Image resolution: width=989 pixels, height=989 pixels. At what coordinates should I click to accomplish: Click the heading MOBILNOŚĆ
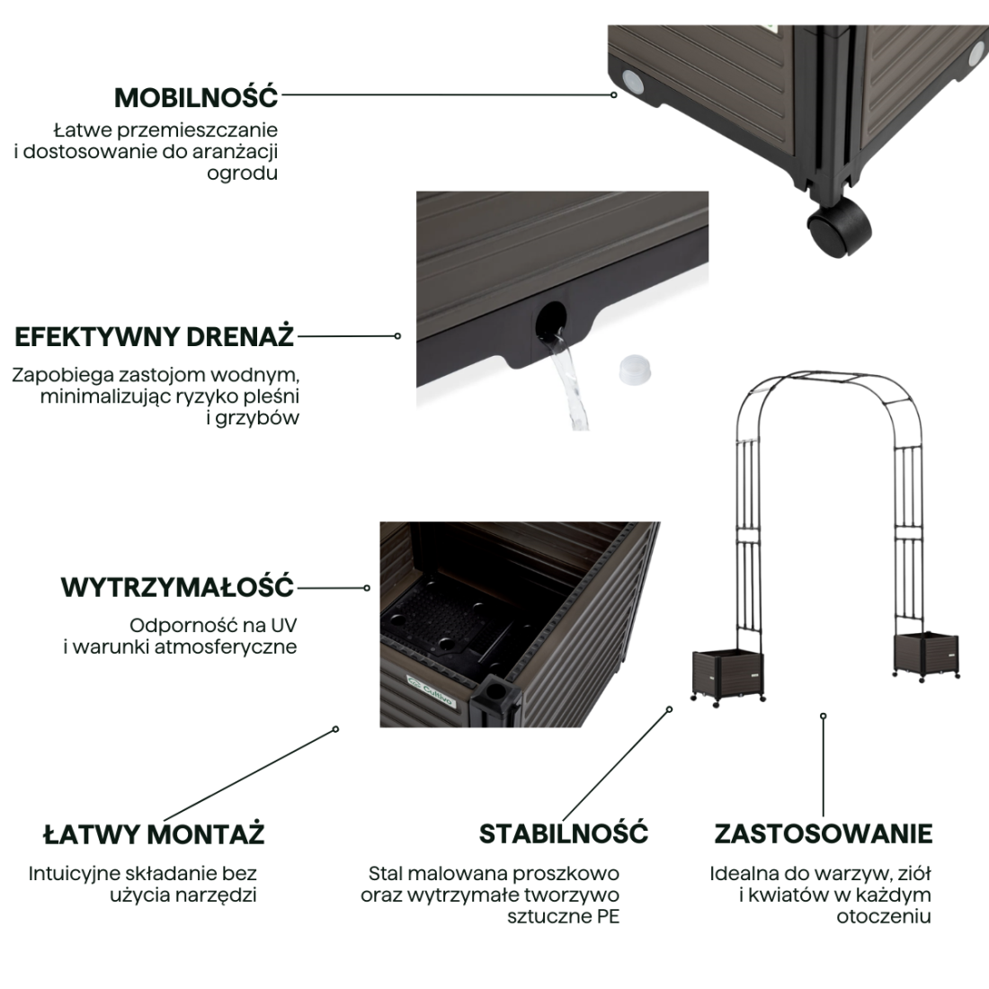tap(196, 97)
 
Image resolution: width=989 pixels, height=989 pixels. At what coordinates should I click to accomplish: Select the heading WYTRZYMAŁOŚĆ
tap(178, 586)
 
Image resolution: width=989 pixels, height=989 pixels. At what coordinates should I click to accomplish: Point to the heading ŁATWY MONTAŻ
tap(154, 833)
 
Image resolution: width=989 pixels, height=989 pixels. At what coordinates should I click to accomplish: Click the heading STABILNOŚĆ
tap(564, 833)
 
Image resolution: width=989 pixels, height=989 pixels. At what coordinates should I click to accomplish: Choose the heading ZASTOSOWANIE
tap(823, 833)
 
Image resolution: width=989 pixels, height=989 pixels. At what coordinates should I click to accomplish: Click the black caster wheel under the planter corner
tap(840, 227)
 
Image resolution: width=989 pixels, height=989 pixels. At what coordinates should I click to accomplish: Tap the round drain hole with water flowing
tap(551, 321)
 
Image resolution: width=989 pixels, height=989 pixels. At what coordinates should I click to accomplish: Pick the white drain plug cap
tap(635, 370)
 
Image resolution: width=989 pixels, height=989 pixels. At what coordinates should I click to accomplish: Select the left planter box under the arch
tap(728, 676)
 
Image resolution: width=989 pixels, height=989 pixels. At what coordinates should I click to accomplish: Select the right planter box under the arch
tap(926, 656)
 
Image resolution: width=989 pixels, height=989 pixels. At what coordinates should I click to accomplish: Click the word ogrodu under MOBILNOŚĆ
tap(242, 174)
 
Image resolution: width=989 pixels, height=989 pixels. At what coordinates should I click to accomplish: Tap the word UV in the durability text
tap(283, 625)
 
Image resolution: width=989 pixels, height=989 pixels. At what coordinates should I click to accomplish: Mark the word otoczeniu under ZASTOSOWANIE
tap(884, 916)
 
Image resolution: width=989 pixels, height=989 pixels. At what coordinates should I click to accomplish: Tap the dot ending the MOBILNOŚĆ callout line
tap(614, 94)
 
